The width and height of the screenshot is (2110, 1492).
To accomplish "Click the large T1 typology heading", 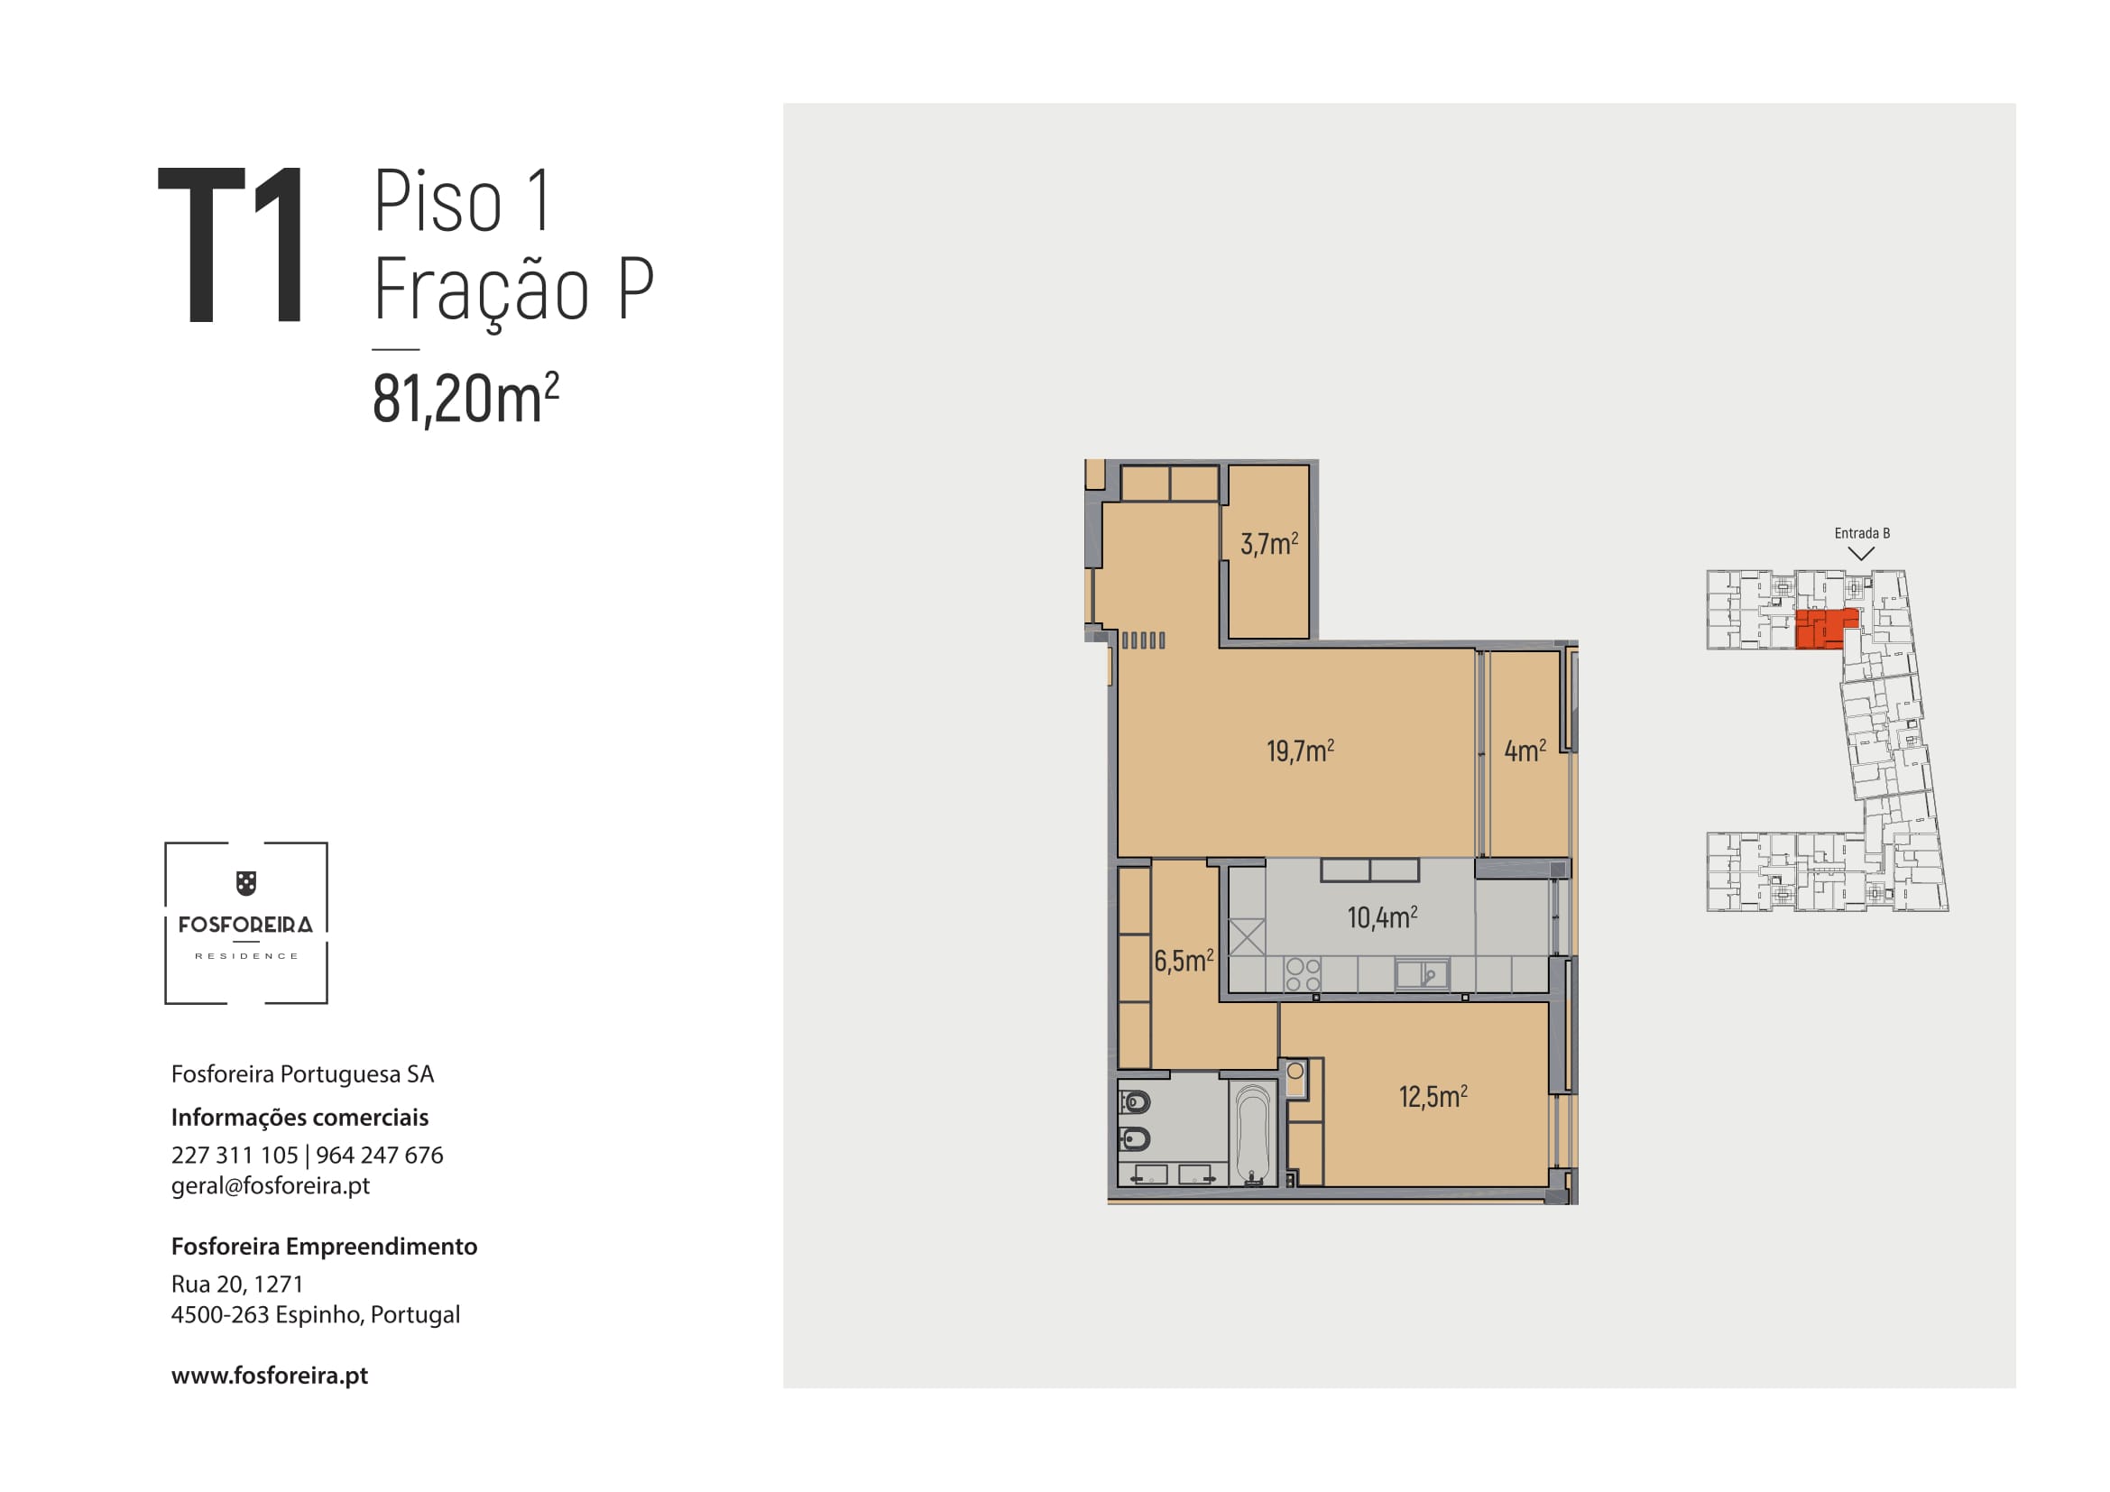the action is click(x=231, y=244).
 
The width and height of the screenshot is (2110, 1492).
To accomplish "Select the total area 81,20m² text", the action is click(x=465, y=398).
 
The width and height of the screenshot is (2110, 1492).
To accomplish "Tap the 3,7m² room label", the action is click(x=1269, y=543).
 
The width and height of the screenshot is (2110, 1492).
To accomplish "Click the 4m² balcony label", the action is click(x=1525, y=751).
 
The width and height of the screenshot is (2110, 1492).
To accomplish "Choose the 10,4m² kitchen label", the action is click(x=1382, y=916).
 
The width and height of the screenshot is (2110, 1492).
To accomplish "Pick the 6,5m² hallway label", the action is click(x=1184, y=961).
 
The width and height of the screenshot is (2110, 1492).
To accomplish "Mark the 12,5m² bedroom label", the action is click(x=1433, y=1096).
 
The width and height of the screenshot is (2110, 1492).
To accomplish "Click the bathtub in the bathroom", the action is click(x=1253, y=1135).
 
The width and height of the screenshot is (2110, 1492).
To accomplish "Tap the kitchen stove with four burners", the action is click(x=1303, y=975).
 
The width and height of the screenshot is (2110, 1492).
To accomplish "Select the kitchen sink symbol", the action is click(x=1422, y=974).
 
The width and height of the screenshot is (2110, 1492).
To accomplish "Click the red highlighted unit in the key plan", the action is click(x=1825, y=629).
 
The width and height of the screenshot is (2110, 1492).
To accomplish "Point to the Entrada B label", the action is click(x=1862, y=533).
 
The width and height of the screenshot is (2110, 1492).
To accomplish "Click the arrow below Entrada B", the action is click(x=1861, y=554).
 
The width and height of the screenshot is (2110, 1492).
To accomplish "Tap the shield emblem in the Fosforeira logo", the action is click(x=246, y=883).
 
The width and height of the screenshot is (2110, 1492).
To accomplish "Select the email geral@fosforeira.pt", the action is click(x=271, y=1186).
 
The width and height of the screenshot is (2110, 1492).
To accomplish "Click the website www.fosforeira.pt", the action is click(x=269, y=1376).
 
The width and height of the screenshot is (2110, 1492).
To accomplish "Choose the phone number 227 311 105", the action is click(x=235, y=1155).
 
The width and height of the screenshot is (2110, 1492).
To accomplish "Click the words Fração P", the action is click(x=512, y=290).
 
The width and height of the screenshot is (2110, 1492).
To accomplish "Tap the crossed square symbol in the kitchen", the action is click(x=1247, y=937).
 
